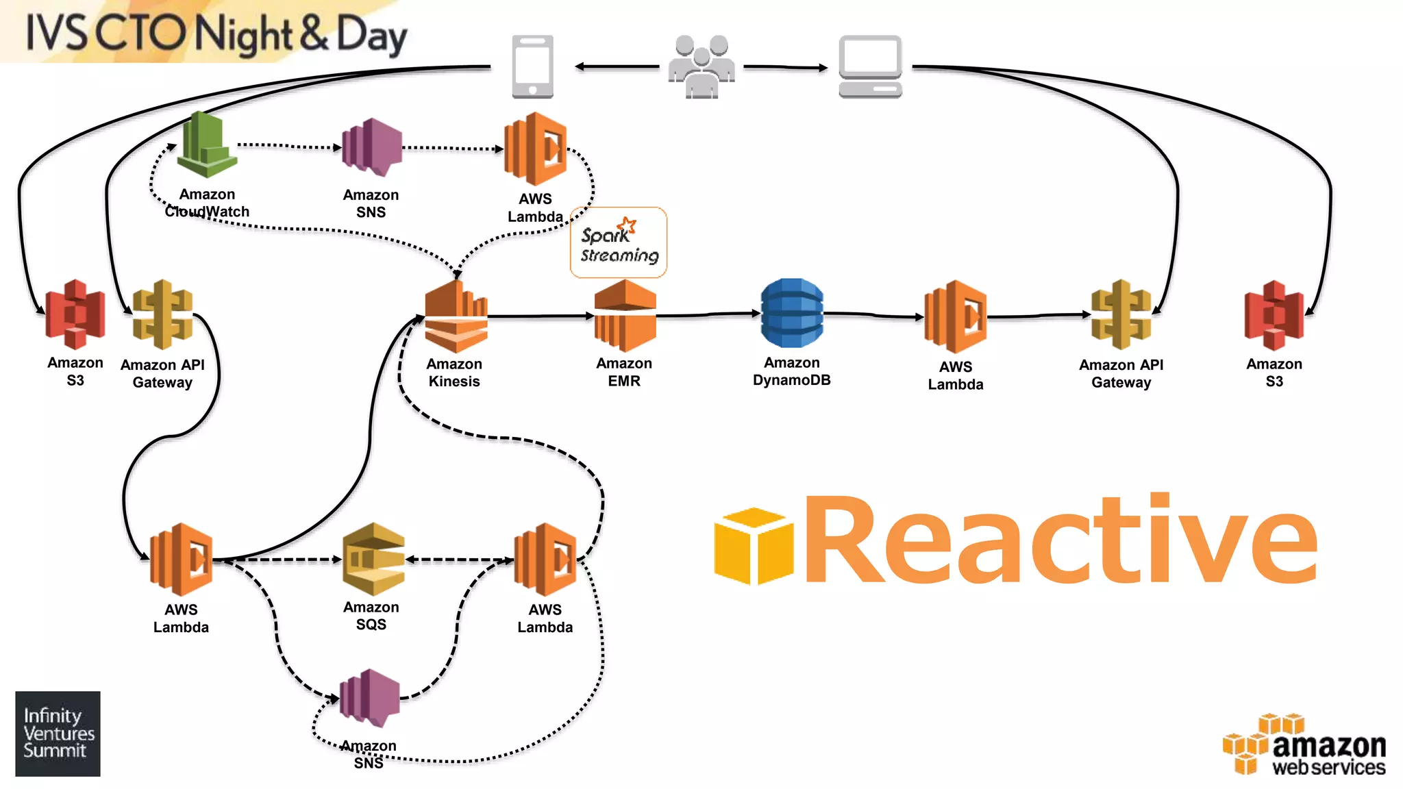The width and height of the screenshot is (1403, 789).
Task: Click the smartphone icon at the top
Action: click(x=532, y=66)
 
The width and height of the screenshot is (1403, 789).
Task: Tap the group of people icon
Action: click(x=701, y=67)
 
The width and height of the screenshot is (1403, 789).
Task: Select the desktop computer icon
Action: click(x=870, y=66)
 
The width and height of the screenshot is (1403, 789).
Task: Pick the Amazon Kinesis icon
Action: click(x=456, y=316)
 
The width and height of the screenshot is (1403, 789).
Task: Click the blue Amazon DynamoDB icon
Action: click(x=792, y=313)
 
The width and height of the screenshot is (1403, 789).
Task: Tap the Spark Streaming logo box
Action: click(x=619, y=242)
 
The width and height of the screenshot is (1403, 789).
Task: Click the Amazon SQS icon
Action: click(x=373, y=559)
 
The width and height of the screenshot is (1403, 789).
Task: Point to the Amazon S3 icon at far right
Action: click(x=1274, y=315)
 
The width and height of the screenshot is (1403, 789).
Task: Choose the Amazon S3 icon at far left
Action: click(x=75, y=314)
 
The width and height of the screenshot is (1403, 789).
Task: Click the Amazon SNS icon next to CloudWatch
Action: click(x=371, y=147)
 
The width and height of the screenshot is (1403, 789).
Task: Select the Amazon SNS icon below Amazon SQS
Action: click(x=370, y=698)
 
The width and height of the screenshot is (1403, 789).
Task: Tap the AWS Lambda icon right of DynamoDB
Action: click(x=956, y=316)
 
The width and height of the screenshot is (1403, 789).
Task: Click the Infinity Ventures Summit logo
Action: click(x=58, y=734)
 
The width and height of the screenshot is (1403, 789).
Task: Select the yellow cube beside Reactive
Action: click(x=754, y=546)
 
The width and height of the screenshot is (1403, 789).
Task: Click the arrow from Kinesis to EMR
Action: click(x=541, y=316)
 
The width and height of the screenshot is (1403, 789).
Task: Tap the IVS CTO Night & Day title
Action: click(x=216, y=33)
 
